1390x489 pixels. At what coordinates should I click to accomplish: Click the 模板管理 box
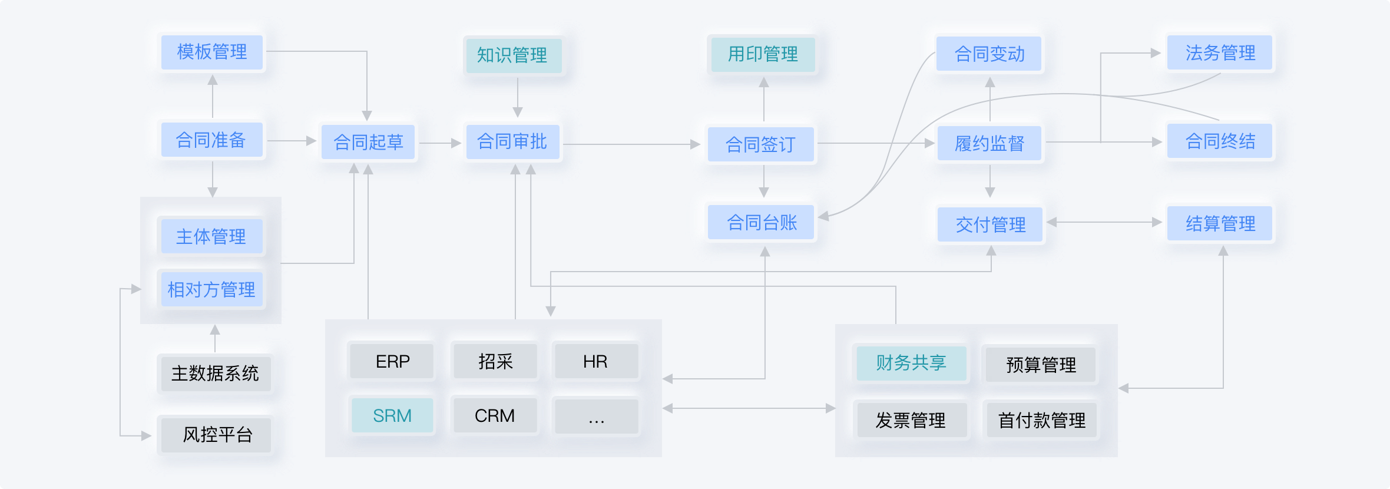[x=212, y=52]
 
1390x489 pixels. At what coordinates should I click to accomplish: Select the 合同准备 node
[x=211, y=140]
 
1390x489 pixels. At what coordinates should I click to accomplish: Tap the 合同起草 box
[x=368, y=142]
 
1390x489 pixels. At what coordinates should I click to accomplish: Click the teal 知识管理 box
[x=513, y=55]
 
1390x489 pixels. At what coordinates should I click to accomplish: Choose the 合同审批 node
[x=512, y=142]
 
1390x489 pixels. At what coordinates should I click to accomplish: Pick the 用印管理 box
[x=763, y=54]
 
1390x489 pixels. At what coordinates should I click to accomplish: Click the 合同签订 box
[x=760, y=144]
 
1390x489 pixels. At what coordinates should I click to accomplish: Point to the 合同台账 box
[x=762, y=223]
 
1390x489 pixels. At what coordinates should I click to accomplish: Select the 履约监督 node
[x=989, y=143]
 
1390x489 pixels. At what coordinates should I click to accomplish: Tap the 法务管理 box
[x=1220, y=53]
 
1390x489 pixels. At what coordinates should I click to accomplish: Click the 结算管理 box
[x=1220, y=224]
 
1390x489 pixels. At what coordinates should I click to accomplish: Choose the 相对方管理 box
[x=211, y=289]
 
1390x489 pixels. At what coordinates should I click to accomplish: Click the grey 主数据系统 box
[x=215, y=374]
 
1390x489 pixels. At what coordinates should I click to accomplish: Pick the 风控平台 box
[x=217, y=435]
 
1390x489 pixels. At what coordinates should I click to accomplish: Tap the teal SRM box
[x=392, y=415]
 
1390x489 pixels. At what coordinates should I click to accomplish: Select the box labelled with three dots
[x=596, y=417]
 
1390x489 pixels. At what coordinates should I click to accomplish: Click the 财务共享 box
[x=911, y=363]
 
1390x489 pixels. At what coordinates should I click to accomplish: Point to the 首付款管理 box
[x=1041, y=420]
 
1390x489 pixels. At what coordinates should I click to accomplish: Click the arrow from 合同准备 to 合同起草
[x=292, y=141]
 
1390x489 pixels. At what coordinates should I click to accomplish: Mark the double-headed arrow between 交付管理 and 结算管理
[x=1104, y=222]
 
